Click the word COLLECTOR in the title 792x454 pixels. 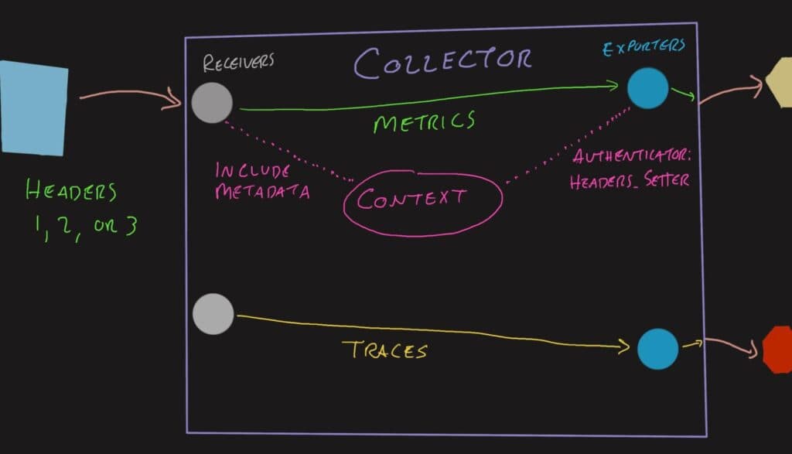[x=443, y=62]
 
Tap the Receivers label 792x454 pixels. [x=238, y=62]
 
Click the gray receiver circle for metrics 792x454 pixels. [x=211, y=103]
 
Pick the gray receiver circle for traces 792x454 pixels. [x=212, y=313]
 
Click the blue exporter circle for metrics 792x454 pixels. [x=647, y=88]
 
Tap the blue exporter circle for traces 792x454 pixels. [x=657, y=348]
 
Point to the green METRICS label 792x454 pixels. [x=423, y=121]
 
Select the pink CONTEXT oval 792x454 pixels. [x=422, y=200]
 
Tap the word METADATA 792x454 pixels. [x=263, y=191]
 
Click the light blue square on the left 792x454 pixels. [x=33, y=108]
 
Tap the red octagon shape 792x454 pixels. [x=778, y=350]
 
